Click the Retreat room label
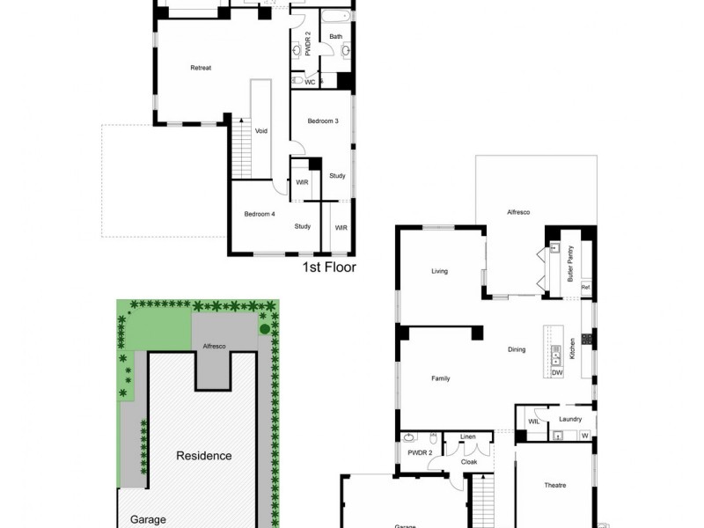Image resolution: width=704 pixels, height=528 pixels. click(x=201, y=68)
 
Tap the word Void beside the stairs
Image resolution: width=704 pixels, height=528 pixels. click(x=261, y=131)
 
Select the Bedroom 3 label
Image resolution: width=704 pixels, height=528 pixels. click(x=323, y=121)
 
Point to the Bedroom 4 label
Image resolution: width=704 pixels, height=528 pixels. click(x=260, y=214)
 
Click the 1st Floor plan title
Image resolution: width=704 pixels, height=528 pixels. click(x=329, y=268)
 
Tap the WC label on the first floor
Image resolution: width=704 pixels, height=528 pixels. click(x=309, y=83)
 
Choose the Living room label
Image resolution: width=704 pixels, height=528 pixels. click(x=439, y=271)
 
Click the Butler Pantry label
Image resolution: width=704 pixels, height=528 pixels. click(x=571, y=263)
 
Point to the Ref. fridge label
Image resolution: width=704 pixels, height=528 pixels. click(x=585, y=288)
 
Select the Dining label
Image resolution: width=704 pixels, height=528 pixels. click(x=517, y=349)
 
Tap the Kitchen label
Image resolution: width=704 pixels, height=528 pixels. click(x=572, y=348)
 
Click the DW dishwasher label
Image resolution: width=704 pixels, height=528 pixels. click(x=556, y=373)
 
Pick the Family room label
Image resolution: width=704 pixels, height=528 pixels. click(x=441, y=378)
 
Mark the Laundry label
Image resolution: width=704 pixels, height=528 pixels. click(x=570, y=419)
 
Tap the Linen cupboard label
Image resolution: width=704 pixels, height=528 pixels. click(x=467, y=436)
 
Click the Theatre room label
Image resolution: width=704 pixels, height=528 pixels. click(x=554, y=485)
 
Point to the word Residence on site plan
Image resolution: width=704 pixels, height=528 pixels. click(x=204, y=456)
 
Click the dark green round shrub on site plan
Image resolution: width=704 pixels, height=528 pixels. click(x=264, y=330)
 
